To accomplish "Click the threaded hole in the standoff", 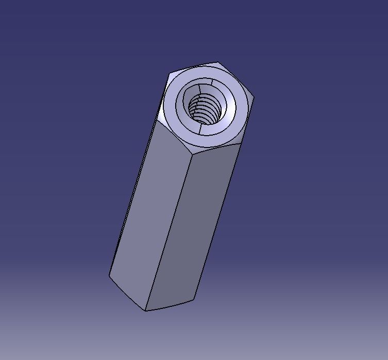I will [205, 109].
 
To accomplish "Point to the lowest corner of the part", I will [146, 310].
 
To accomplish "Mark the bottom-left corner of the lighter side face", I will [110, 274].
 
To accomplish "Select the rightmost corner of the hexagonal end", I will [254, 97].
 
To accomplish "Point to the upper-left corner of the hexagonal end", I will [171, 74].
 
